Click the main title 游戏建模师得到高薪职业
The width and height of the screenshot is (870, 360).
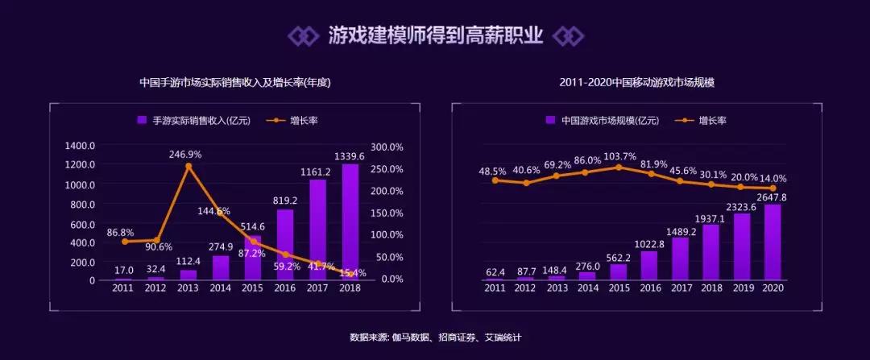tap(435, 35)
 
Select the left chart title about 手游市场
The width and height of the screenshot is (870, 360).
tap(235, 82)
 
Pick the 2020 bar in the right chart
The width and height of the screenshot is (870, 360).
tap(772, 242)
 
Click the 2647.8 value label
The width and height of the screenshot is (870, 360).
tap(773, 197)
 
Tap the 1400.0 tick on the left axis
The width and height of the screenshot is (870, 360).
tap(81, 146)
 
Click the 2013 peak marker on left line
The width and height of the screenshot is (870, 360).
tap(188, 167)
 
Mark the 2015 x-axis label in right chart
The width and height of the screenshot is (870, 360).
tap(618, 288)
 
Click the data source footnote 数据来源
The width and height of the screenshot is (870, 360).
tap(435, 337)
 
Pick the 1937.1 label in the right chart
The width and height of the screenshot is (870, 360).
tap(710, 217)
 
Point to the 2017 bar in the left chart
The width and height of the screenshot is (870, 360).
tap(317, 230)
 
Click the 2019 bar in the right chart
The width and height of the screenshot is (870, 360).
tap(741, 246)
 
